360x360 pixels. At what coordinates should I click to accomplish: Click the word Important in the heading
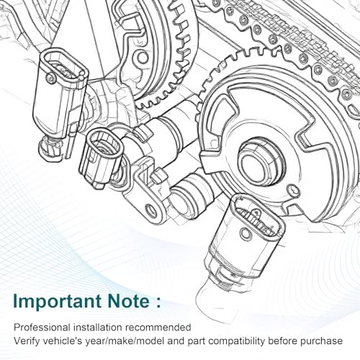(57, 302)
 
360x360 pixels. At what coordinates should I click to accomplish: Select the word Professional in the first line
(42, 327)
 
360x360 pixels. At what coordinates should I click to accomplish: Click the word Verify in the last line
(25, 341)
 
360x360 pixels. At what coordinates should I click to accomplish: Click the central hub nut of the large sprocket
(258, 162)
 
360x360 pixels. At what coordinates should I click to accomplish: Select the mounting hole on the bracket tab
(150, 210)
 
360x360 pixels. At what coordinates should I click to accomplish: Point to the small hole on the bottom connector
(246, 233)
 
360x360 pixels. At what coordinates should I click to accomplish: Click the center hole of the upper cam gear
(143, 58)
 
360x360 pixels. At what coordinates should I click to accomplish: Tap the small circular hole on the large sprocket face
(292, 189)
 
